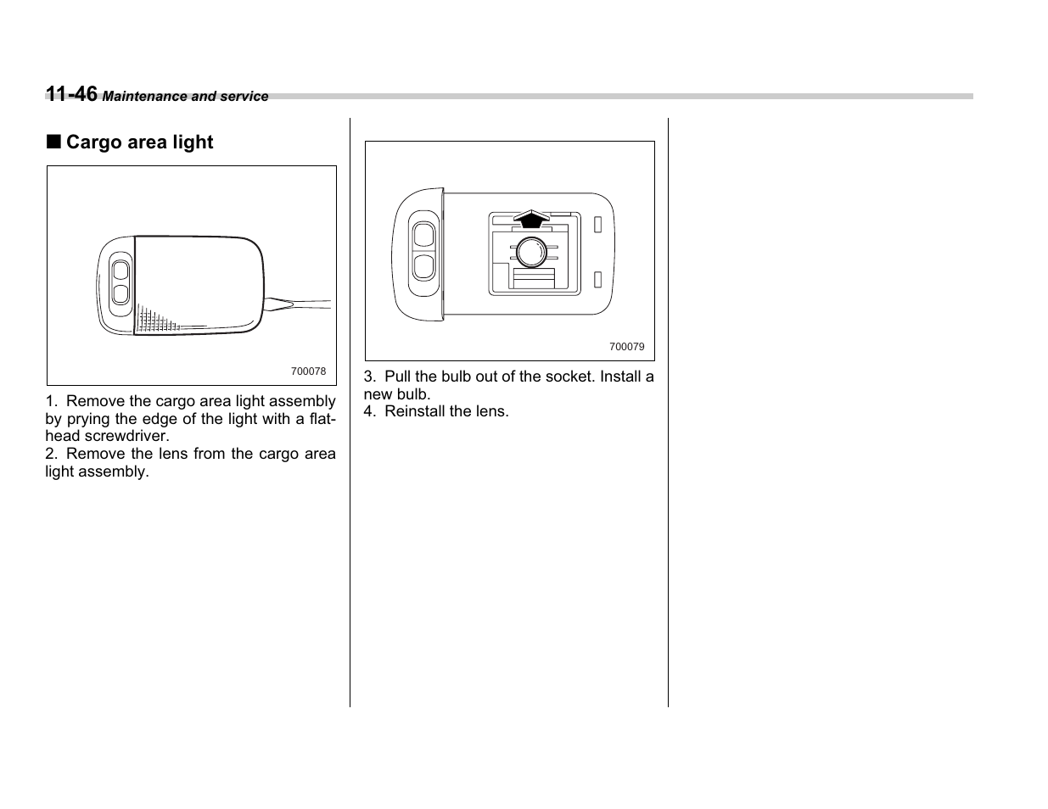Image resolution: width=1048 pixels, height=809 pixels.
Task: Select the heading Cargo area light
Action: [x=139, y=142]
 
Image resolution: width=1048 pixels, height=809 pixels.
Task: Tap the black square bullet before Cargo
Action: [x=53, y=142]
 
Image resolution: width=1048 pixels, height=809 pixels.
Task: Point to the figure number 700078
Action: [x=308, y=371]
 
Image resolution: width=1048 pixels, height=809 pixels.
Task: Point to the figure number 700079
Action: [x=626, y=347]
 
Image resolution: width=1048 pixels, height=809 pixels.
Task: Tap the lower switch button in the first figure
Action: [x=120, y=293]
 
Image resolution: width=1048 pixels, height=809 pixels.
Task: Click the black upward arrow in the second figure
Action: [x=531, y=219]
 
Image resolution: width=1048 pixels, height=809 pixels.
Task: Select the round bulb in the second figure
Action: [x=531, y=252]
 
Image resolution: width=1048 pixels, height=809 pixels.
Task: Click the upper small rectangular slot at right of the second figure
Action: [x=598, y=225]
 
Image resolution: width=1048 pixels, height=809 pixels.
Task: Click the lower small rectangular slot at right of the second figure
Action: [x=598, y=279]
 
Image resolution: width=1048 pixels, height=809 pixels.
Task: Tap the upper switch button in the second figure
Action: [x=423, y=236]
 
